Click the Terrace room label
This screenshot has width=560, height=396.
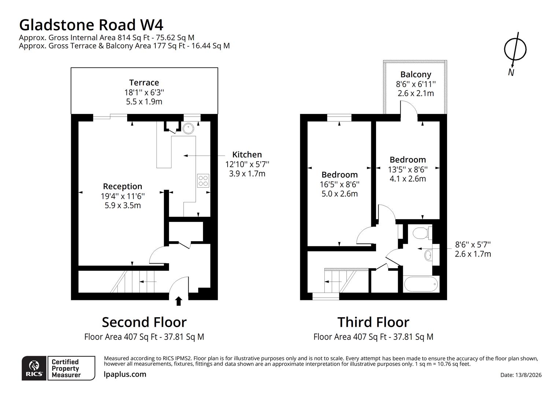144,82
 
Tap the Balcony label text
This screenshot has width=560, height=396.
416,74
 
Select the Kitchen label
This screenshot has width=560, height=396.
247,155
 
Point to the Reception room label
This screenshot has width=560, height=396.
122,186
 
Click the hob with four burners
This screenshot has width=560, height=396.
203,181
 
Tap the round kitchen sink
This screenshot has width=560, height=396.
188,129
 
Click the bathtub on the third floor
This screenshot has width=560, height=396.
421,284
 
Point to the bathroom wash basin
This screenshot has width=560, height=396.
428,256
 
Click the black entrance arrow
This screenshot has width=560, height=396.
178,301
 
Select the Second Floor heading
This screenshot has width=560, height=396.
144,322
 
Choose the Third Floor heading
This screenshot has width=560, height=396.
373,322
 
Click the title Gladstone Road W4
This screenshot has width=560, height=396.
91,25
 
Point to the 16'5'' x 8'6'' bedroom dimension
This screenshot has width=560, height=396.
339,184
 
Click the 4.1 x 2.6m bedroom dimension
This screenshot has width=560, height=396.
408,179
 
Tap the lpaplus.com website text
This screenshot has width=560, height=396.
125,374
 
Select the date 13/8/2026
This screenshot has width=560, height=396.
521,375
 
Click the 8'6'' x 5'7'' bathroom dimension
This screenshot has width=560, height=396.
473,244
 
